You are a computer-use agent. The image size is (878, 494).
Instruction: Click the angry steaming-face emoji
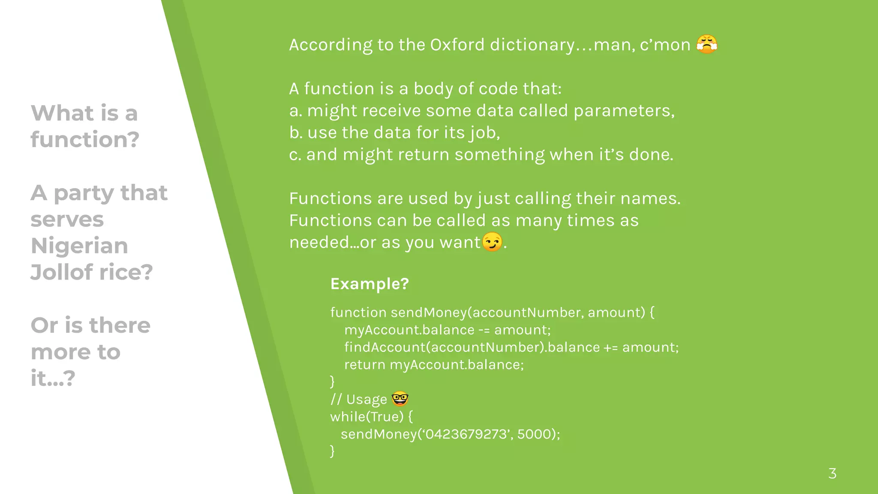[707, 44]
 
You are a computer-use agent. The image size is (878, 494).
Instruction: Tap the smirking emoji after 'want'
[492, 242]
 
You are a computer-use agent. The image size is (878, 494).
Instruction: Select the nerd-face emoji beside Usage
[400, 399]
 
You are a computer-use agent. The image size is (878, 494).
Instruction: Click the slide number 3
[832, 473]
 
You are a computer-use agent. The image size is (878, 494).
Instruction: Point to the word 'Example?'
[370, 284]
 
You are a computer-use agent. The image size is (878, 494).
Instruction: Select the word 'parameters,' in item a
[624, 111]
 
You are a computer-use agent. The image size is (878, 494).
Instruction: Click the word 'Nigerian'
[79, 246]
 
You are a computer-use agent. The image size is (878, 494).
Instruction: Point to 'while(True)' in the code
[367, 416]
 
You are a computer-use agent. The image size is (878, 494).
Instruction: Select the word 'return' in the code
[364, 364]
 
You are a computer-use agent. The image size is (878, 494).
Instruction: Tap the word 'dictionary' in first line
[532, 45]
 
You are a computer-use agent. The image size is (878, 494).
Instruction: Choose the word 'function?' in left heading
[85, 139]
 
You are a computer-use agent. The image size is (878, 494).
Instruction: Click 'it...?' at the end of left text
[53, 378]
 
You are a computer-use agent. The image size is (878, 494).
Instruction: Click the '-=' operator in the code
[484, 330]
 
